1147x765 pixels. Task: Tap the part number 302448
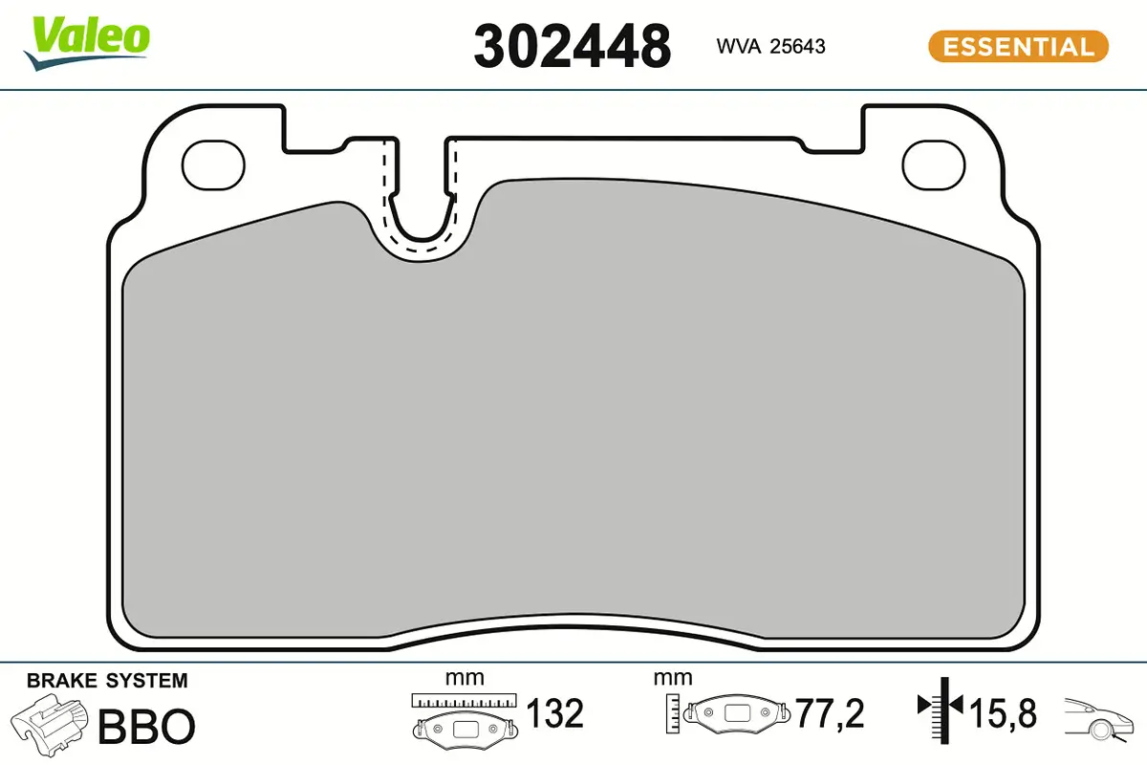[x=572, y=46]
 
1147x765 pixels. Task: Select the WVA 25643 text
[x=770, y=46]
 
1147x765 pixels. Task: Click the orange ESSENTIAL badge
[x=1018, y=46]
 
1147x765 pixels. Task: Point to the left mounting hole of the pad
[x=214, y=164]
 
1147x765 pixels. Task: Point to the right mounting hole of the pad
[x=935, y=164]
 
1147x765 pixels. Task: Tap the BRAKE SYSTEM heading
[x=107, y=681]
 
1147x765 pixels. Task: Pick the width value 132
[x=554, y=713]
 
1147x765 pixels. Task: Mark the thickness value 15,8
[x=1002, y=713]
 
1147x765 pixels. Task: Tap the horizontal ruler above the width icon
[x=464, y=700]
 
